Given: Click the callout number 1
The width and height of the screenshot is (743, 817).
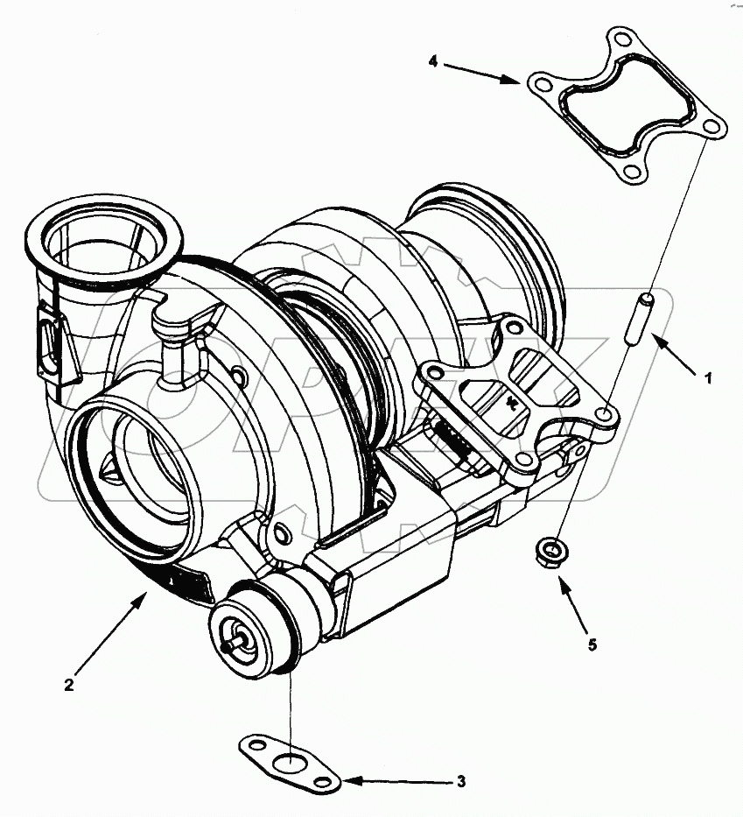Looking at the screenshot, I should (708, 378).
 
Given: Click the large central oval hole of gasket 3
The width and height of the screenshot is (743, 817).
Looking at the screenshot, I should (286, 761).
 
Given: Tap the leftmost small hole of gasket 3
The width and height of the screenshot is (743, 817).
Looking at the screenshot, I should (251, 746).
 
